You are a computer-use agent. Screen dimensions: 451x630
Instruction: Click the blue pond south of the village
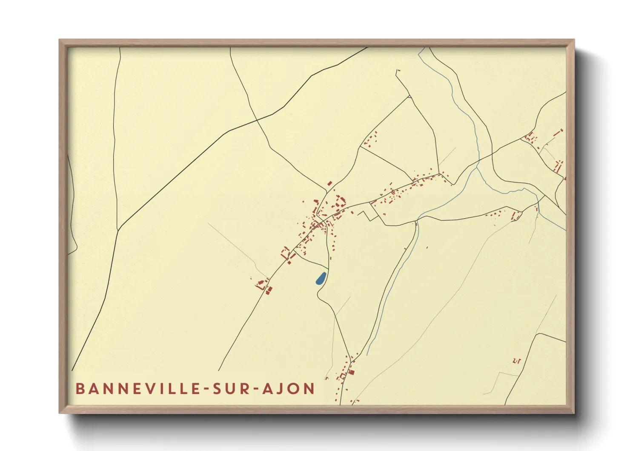tap(321, 278)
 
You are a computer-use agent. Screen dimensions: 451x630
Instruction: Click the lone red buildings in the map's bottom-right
tap(516, 361)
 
